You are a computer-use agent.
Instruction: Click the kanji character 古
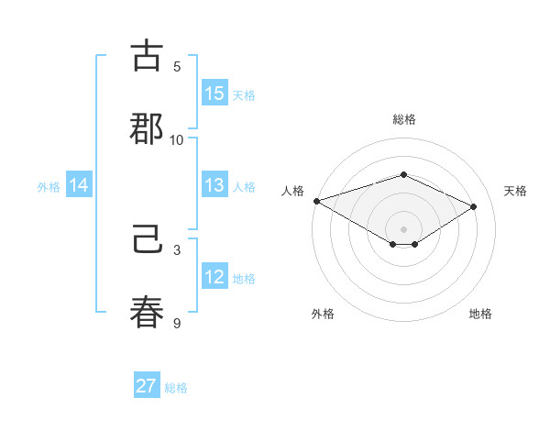pos(148,57)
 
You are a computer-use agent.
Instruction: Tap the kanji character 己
pos(148,241)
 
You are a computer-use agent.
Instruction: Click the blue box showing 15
pos(214,94)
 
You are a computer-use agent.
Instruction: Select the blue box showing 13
pos(214,186)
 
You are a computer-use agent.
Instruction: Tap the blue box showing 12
pos(214,278)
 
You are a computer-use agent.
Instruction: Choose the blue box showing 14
pos(79,186)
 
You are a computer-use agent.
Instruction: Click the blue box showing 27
pos(147,386)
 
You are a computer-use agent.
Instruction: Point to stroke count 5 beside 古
pos(177,66)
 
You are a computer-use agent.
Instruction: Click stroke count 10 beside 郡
pos(177,139)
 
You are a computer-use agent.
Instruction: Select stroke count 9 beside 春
pos(177,322)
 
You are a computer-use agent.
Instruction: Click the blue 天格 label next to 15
pos(244,94)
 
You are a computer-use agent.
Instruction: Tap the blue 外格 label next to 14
pos(49,187)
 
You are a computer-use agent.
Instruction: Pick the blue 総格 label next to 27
pos(176,387)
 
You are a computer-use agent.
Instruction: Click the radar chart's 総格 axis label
pos(403,119)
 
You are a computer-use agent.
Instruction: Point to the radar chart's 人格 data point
pos(316,201)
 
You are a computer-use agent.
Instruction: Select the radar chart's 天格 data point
pos(474,206)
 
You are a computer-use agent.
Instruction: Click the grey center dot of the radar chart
pos(403,228)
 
